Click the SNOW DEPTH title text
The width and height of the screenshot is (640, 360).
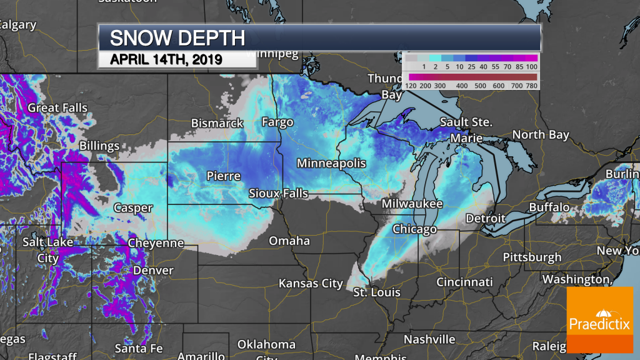(x=177, y=37)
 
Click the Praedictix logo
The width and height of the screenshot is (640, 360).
(x=599, y=319)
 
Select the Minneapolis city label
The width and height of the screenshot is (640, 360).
(x=331, y=163)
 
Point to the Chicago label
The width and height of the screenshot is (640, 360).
(x=414, y=229)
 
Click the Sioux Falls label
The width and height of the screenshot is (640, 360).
(x=278, y=193)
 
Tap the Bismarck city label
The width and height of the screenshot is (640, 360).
(x=217, y=123)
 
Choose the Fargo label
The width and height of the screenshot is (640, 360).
(x=277, y=122)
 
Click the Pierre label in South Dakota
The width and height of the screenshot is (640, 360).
(x=223, y=176)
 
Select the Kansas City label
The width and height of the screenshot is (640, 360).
(x=311, y=283)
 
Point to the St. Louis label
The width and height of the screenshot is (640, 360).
(x=376, y=292)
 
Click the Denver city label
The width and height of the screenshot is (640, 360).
(x=153, y=271)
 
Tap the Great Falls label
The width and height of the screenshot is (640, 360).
(x=57, y=107)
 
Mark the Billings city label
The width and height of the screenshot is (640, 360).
(x=99, y=146)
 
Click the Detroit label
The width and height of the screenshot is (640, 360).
(x=486, y=218)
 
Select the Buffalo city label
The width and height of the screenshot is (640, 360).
(x=549, y=207)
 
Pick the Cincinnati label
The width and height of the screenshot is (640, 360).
(x=464, y=282)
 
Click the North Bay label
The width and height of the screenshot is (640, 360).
(x=541, y=134)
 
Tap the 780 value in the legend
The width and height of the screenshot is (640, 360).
(x=528, y=86)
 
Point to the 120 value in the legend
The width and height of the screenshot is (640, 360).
(x=411, y=86)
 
